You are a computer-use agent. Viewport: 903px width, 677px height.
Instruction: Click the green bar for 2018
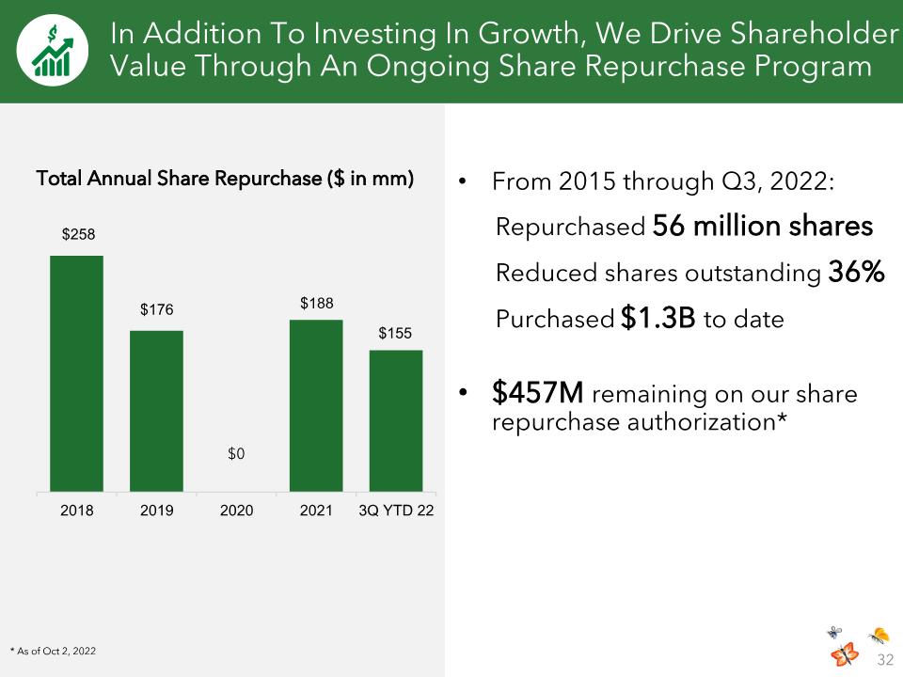point(76,373)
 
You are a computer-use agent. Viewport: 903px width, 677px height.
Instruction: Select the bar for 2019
point(157,411)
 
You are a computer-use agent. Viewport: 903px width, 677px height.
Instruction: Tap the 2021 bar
point(316,406)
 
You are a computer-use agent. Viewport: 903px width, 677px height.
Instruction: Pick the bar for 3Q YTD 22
point(396,421)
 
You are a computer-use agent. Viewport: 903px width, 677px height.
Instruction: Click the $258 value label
point(78,234)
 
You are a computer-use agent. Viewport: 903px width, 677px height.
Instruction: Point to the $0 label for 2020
point(236,453)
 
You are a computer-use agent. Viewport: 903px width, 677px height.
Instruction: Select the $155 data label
point(395,333)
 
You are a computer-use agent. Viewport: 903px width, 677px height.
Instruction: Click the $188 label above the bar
point(317,304)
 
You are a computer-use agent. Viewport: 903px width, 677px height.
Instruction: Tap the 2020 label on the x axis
point(237,511)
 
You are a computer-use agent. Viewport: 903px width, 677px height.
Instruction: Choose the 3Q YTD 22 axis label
point(396,511)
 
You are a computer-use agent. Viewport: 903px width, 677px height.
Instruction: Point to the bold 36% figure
point(856,272)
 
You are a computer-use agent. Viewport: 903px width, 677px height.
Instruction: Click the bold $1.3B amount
point(658,318)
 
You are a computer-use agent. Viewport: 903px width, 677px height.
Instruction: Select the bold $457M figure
point(538,393)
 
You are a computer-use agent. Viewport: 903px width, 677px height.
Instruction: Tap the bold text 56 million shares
point(763,225)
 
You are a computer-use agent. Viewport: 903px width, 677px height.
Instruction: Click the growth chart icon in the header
point(53,51)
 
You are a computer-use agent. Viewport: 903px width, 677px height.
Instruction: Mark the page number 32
point(885,659)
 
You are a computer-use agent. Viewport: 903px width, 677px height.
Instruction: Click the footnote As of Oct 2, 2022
point(53,651)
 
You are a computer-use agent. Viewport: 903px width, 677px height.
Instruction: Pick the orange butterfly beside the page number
point(845,654)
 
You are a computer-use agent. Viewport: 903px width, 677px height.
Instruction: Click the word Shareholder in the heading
point(814,34)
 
